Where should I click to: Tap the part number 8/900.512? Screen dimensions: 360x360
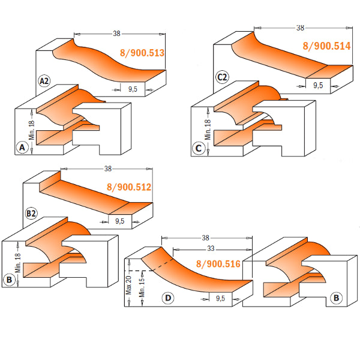pyautogui.click(x=128, y=187)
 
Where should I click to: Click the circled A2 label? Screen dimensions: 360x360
pyautogui.click(x=44, y=81)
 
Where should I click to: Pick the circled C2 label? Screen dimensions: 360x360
pyautogui.click(x=222, y=77)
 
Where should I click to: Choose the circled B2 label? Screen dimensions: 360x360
pyautogui.click(x=31, y=213)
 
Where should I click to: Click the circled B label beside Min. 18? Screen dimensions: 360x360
pyautogui.click(x=10, y=278)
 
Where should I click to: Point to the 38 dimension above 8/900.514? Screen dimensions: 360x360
pyautogui.click(x=300, y=28)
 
